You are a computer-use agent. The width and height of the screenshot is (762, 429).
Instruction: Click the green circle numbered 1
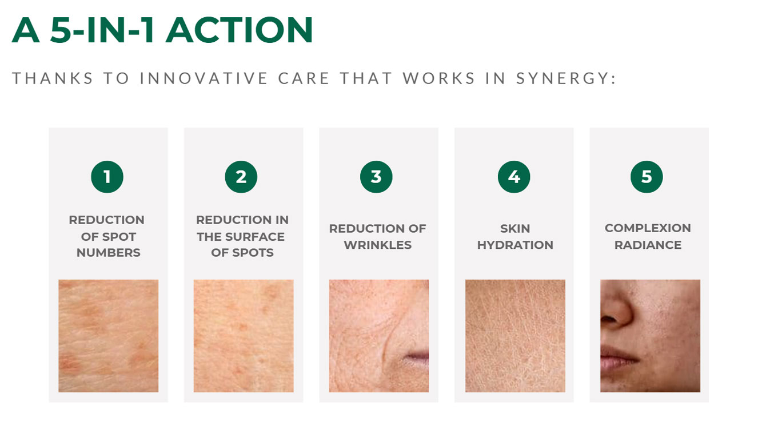tap(107, 177)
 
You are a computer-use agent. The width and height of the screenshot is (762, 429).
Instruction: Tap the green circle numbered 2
tap(241, 177)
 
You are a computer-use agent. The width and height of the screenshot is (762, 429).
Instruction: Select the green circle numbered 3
tap(376, 177)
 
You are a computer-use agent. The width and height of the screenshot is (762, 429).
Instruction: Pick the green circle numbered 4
tap(514, 177)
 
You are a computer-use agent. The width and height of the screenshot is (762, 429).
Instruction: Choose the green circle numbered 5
tap(647, 177)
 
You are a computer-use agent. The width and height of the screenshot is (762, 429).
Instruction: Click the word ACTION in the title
tap(239, 30)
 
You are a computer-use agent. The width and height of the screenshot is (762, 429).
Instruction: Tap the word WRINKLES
tap(378, 245)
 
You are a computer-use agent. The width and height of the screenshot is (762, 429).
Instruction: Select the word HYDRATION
tap(515, 245)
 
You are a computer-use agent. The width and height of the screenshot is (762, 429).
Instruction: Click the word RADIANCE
tap(648, 245)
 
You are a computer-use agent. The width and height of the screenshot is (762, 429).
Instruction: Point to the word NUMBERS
tap(108, 253)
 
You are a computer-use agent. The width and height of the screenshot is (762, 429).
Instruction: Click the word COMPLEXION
tap(648, 228)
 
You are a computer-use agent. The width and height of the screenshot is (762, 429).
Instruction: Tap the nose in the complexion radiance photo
tap(615, 307)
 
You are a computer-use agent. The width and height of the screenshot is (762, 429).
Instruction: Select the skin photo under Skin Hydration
tap(515, 336)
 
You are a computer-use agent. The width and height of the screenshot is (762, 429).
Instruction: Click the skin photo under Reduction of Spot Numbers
tap(108, 336)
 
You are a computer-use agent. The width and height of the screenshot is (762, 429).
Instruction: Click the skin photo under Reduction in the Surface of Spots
tap(244, 336)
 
